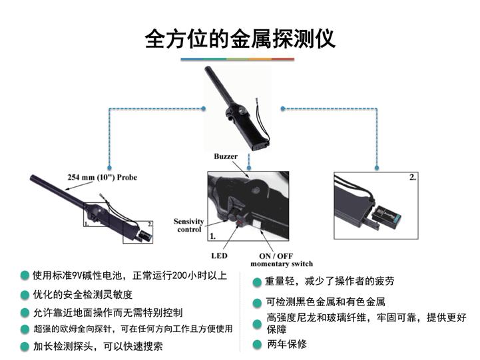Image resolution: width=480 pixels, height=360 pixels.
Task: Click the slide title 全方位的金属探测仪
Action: pyautogui.click(x=240, y=39)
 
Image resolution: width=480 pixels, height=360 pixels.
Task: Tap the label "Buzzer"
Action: pyautogui.click(x=226, y=156)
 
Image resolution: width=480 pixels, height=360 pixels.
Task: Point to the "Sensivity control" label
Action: pyautogui.click(x=188, y=226)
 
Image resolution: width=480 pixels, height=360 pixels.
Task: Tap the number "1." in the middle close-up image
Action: pyautogui.click(x=213, y=236)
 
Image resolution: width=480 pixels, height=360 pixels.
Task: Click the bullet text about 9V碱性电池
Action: pyautogui.click(x=130, y=275)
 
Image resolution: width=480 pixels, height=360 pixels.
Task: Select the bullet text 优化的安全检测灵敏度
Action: pyautogui.click(x=83, y=294)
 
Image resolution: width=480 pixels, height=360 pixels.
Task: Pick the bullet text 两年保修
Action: pyautogui.click(x=287, y=344)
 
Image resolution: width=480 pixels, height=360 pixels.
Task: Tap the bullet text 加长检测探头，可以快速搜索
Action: pyautogui.click(x=98, y=347)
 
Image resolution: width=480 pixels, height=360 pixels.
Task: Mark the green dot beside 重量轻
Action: pyautogui.click(x=257, y=282)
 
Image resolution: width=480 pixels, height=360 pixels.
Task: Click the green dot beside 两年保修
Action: pyautogui.click(x=257, y=345)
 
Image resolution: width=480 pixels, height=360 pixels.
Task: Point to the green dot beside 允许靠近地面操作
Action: pyautogui.click(x=25, y=312)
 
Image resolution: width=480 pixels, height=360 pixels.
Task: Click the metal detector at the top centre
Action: pyautogui.click(x=238, y=106)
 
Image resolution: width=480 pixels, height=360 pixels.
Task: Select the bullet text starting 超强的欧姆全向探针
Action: pyautogui.click(x=133, y=329)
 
